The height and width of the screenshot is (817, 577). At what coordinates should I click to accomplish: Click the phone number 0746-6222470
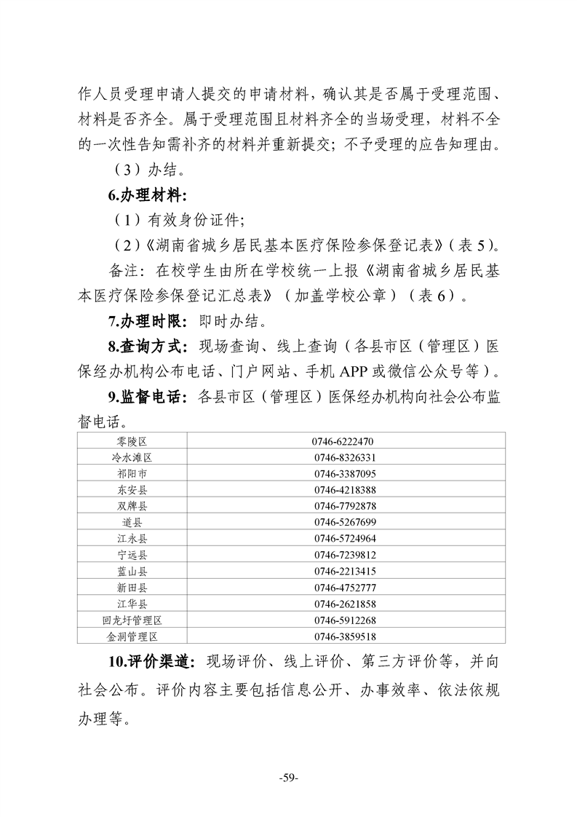tap(346, 441)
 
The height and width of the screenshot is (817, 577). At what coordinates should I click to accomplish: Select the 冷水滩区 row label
tap(132, 457)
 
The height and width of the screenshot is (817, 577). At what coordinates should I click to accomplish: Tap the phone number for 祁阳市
tap(346, 473)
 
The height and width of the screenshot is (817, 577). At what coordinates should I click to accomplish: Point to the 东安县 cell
tap(132, 489)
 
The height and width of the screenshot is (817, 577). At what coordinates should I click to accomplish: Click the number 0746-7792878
tap(346, 506)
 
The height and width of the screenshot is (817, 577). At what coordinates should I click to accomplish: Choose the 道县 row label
tap(132, 522)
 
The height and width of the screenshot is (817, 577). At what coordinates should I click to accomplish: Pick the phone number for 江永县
tap(346, 539)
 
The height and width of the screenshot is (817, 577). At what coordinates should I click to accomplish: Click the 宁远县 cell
tap(132, 555)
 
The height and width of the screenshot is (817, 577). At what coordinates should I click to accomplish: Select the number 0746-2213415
tap(346, 571)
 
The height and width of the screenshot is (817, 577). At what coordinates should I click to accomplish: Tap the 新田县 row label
tap(132, 588)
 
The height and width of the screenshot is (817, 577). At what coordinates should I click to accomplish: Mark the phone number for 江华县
tap(346, 604)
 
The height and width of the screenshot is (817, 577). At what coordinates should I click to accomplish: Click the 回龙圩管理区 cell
tap(132, 620)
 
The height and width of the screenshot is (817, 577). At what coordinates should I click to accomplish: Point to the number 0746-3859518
tap(346, 636)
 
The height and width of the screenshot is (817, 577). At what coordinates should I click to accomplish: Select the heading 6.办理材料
tap(146, 196)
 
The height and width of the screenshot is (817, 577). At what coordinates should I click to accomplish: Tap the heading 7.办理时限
tap(146, 320)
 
